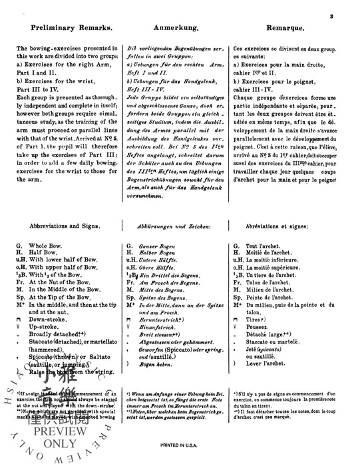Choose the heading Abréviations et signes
(280, 226)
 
